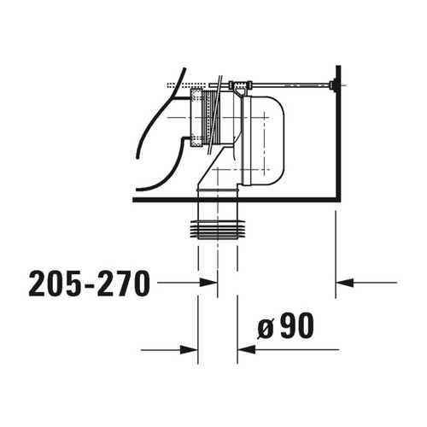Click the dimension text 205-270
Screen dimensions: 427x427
89,282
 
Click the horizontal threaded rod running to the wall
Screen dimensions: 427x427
290,85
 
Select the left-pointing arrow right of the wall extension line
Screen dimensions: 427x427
345,282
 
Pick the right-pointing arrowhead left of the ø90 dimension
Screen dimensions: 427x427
190,348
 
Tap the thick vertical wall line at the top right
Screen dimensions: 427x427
339,128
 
